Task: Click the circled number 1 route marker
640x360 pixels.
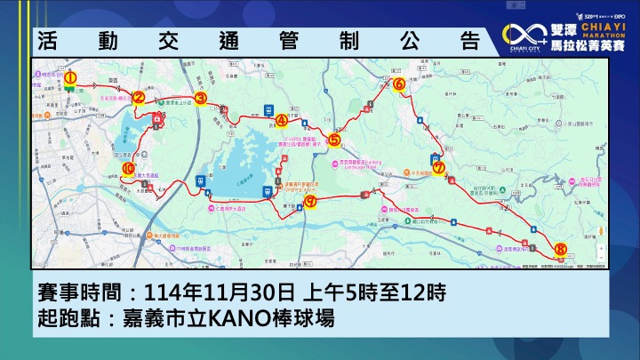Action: click(70, 78)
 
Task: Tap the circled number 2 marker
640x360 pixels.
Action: click(139, 99)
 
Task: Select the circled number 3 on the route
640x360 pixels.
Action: click(201, 99)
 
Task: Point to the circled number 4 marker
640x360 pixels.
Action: click(282, 120)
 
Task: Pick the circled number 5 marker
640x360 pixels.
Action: click(334, 139)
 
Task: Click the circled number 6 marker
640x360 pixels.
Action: click(399, 84)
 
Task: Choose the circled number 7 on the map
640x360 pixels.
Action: click(439, 166)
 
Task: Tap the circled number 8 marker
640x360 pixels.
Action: click(559, 250)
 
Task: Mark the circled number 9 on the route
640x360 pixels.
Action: click(310, 202)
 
